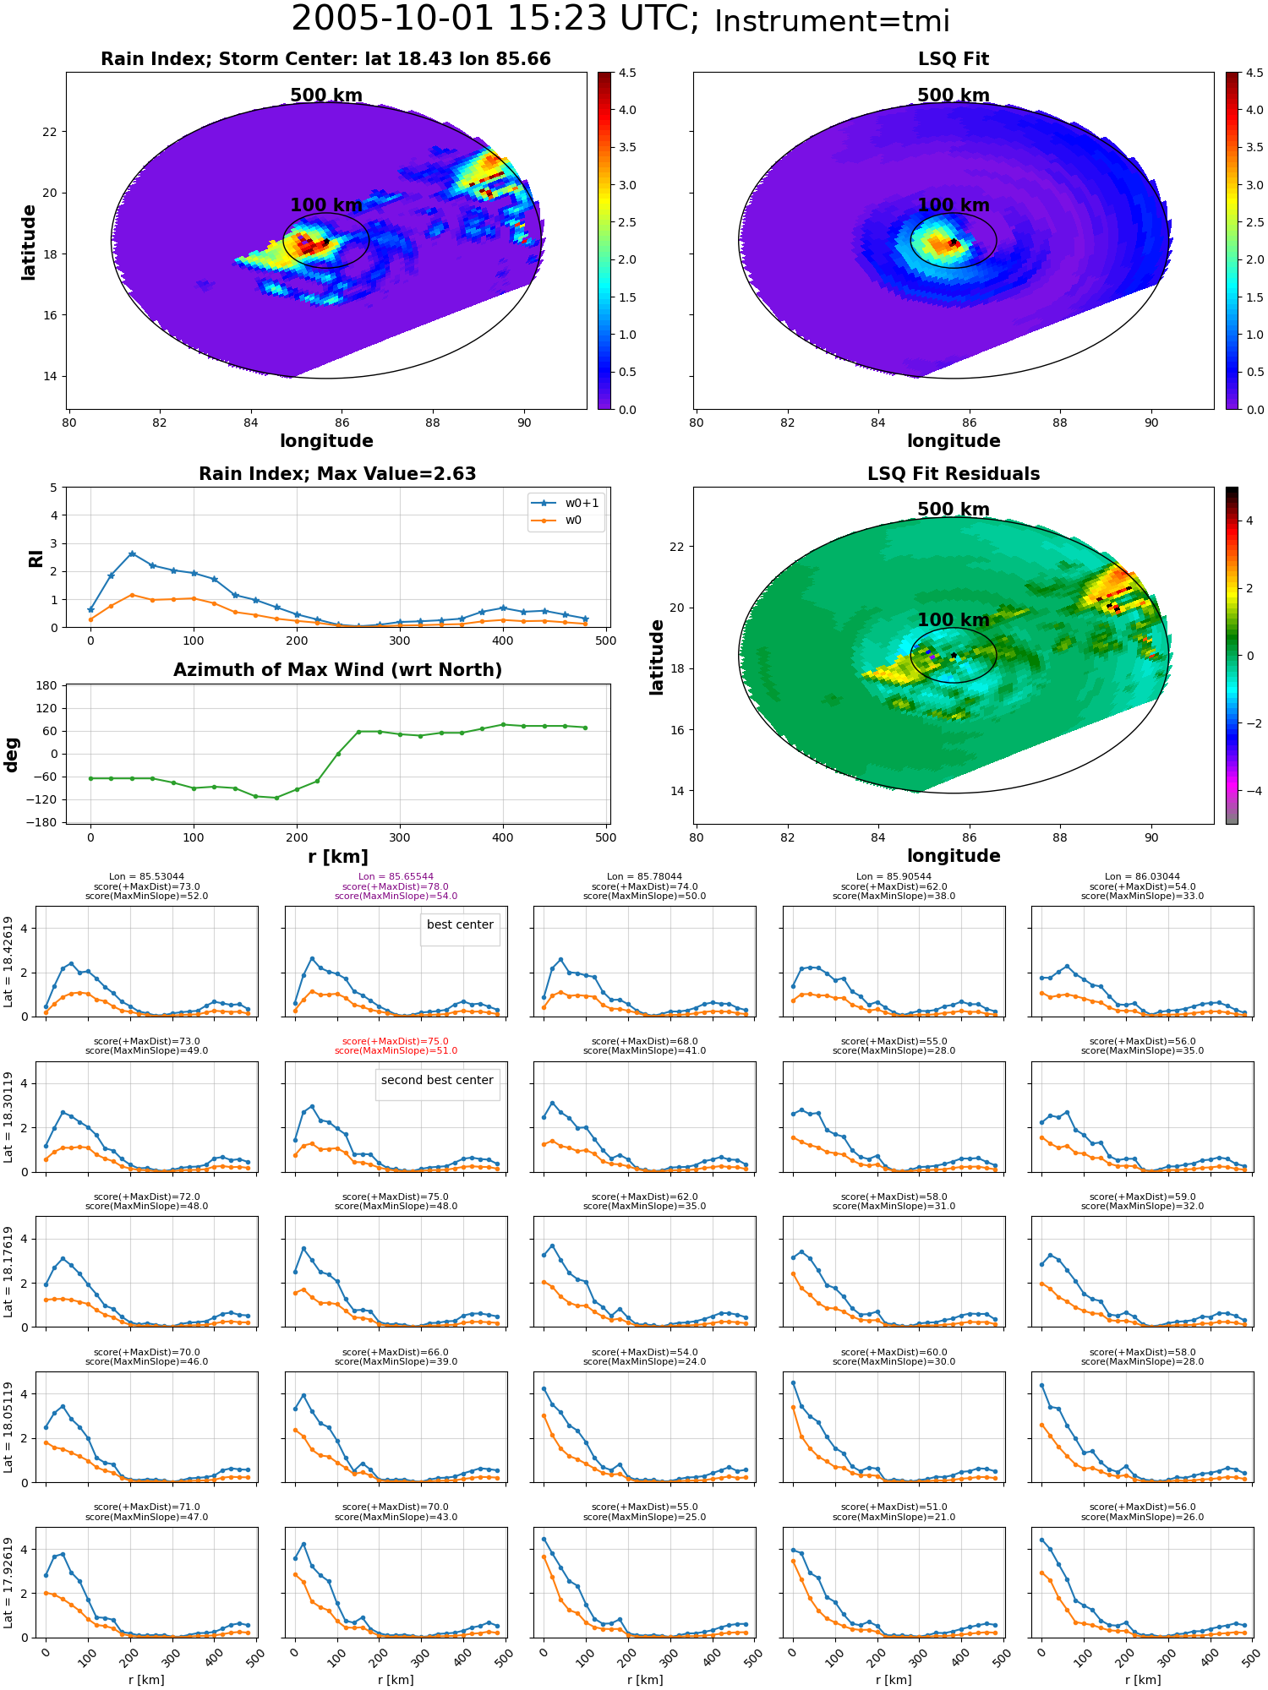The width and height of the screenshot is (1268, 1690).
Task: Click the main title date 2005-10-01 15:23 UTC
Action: click(495, 19)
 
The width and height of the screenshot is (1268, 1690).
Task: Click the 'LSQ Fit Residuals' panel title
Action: click(954, 474)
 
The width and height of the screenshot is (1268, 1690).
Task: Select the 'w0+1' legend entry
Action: click(566, 503)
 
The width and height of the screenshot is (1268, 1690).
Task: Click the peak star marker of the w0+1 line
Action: click(132, 553)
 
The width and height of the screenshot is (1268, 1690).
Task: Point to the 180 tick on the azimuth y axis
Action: click(47, 685)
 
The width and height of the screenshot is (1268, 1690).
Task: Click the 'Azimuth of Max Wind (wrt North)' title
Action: click(337, 670)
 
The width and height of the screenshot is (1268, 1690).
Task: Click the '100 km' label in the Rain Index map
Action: click(326, 205)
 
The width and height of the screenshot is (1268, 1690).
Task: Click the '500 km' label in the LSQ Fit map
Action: click(954, 95)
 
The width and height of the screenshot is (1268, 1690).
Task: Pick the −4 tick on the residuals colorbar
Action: click(1249, 791)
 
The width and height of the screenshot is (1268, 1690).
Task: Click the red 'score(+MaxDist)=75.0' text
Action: click(396, 1042)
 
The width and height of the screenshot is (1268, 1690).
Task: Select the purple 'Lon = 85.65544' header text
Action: click(396, 877)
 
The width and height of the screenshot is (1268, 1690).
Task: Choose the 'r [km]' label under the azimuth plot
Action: click(338, 857)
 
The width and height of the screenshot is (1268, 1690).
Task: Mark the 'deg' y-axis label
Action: click(12, 754)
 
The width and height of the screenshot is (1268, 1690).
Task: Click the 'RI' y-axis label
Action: click(36, 558)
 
